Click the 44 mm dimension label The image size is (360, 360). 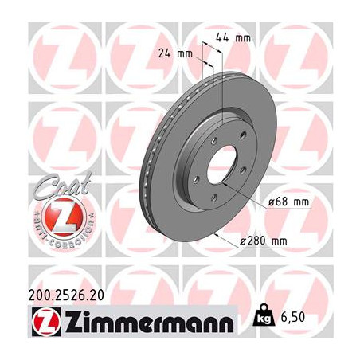click(233, 37)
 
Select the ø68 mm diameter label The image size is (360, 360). click(288, 202)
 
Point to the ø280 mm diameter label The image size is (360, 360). click(263, 241)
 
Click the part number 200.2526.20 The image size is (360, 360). click(66, 295)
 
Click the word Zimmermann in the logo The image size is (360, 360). click(150, 322)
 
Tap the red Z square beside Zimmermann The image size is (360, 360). click(46, 322)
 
